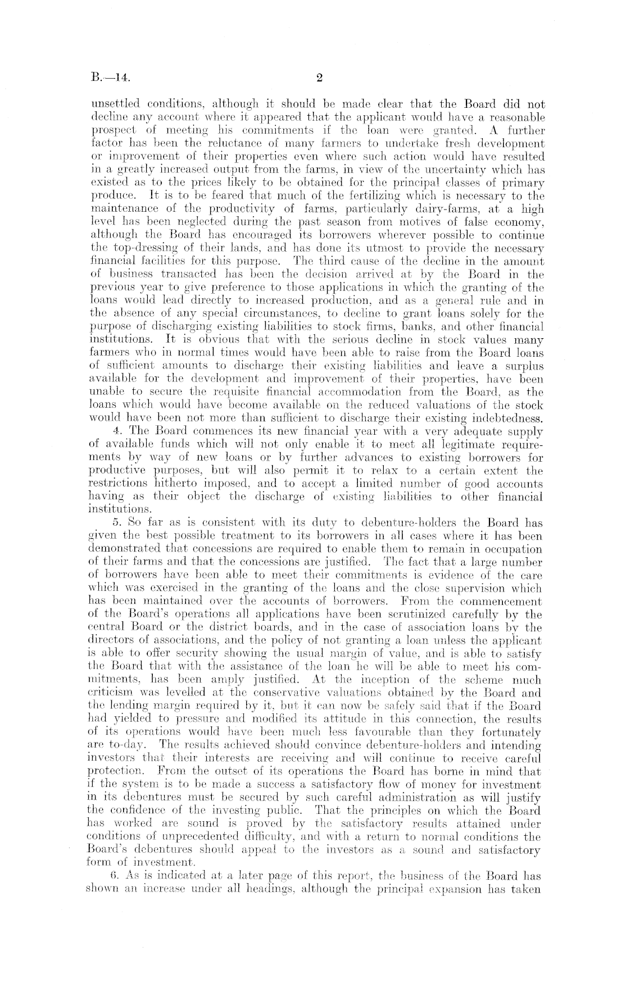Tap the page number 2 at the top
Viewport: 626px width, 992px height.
point(318,79)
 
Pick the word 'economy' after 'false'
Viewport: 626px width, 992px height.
point(517,222)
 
